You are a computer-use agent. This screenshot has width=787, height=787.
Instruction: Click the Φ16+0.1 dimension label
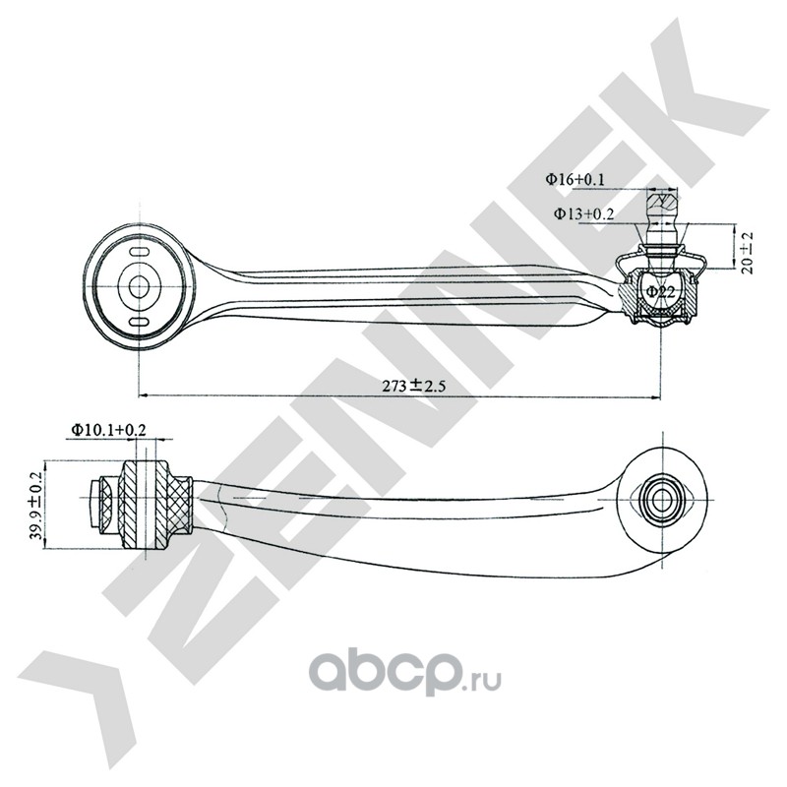577,180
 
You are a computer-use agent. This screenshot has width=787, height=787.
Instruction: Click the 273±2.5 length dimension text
415,386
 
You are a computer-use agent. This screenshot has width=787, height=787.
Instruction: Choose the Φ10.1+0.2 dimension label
107,430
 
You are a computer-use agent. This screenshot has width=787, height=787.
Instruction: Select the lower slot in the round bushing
140,322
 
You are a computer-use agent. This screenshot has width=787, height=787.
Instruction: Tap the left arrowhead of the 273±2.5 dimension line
145,396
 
